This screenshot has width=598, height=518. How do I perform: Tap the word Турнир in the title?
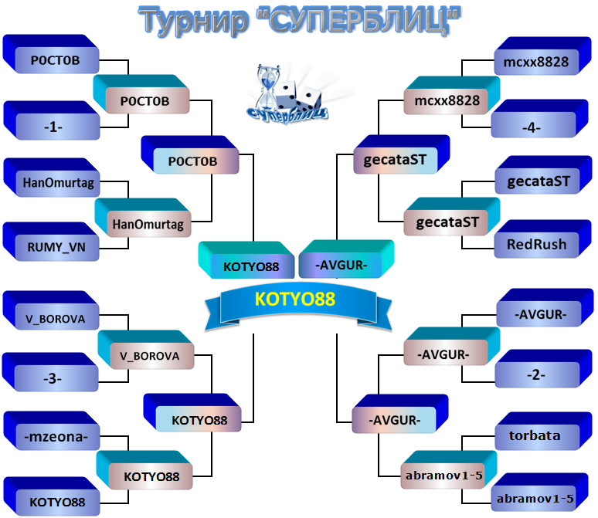pos(193,21)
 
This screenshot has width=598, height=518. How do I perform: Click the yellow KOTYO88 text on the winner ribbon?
pos(295,299)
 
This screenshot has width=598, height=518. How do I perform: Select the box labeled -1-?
pos(52,120)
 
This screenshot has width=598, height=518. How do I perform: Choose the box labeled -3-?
pos(50,372)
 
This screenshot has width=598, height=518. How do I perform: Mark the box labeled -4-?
pos(539,119)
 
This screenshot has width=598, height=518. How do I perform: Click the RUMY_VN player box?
pos(51,242)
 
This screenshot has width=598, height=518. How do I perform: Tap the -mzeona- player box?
pos(52,431)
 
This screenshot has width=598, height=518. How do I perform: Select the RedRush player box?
pos(543,239)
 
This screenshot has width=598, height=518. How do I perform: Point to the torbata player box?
pos(543,431)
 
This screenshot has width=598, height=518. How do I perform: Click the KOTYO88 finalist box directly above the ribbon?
pos(246,260)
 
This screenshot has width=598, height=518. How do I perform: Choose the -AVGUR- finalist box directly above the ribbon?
pos(346,259)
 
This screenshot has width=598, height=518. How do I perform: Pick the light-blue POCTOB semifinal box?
pos(190,154)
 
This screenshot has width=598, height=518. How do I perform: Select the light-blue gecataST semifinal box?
pos(402,154)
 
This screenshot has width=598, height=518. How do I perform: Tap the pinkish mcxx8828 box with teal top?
pos(451,95)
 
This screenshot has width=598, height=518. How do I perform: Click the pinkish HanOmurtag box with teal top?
pos(143,218)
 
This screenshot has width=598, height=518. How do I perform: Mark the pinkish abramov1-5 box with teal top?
pos(448,470)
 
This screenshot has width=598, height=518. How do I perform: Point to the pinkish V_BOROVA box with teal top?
pos(146,350)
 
